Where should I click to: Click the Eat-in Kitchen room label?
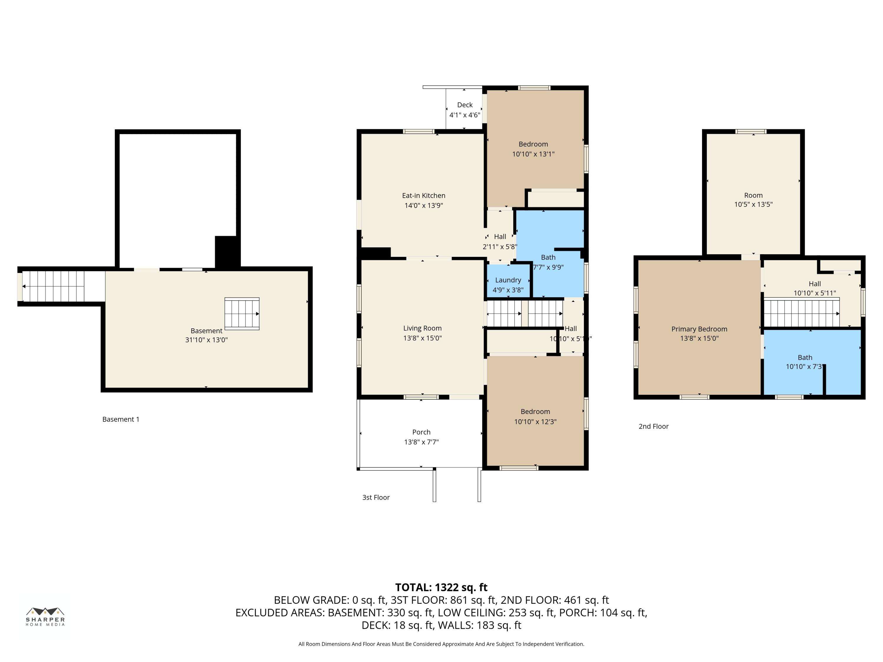(424, 196)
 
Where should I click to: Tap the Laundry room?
(508, 280)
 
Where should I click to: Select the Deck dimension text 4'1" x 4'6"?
(465, 115)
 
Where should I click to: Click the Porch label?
(421, 432)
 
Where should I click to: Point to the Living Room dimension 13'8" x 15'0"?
(422, 338)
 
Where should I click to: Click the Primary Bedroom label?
(699, 329)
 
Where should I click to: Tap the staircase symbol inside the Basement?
(242, 314)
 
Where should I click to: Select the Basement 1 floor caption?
(121, 419)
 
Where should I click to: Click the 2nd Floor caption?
(653, 426)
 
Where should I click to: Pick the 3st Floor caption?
(376, 497)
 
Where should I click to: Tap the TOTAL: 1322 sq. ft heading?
(441, 587)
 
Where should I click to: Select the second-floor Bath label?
(805, 357)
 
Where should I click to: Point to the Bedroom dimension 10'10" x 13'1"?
(533, 154)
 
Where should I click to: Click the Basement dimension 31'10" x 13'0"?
(206, 340)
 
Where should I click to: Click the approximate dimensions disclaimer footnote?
(441, 644)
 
